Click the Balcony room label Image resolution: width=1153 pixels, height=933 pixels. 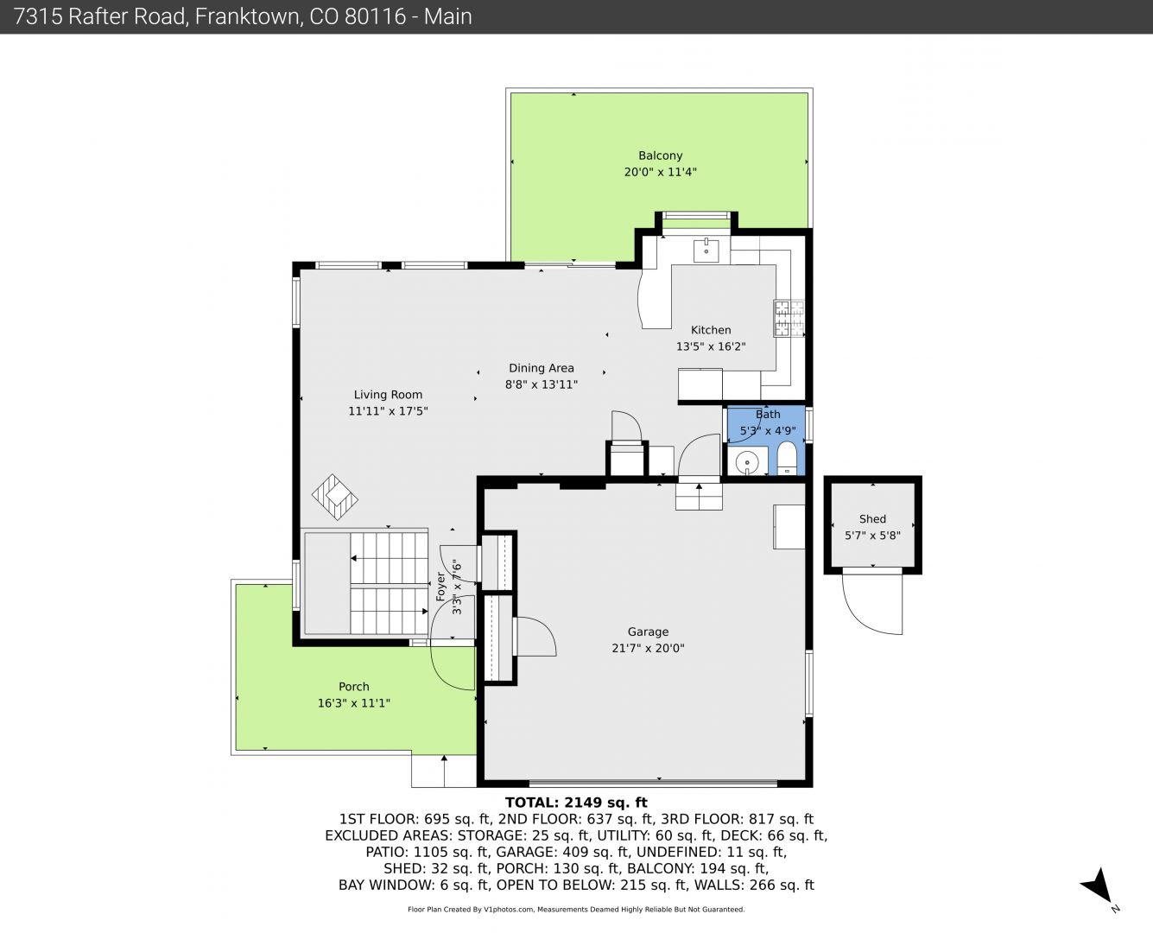[660, 156]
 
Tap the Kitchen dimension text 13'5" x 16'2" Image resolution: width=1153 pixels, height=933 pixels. [711, 346]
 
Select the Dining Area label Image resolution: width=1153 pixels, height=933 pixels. [541, 368]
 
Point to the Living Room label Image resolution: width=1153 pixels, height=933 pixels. [388, 395]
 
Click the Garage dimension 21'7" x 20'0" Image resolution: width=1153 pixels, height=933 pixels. [648, 648]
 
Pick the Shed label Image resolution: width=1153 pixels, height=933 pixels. [872, 518]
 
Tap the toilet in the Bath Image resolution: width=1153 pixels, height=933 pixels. [787, 458]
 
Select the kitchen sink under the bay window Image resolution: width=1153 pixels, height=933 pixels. [706, 251]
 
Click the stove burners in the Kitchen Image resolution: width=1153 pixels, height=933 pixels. [789, 319]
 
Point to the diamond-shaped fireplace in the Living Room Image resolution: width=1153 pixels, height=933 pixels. [334, 497]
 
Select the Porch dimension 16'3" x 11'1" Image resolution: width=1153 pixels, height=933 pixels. [353, 703]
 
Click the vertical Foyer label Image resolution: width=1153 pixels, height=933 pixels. [440, 587]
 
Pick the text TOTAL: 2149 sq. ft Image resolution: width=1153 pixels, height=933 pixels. [576, 803]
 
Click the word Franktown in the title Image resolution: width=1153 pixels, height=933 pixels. [247, 16]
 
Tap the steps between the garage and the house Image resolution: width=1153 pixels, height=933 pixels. [699, 497]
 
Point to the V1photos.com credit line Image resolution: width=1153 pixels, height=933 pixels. [576, 909]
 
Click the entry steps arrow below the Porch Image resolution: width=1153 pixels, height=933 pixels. [444, 771]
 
